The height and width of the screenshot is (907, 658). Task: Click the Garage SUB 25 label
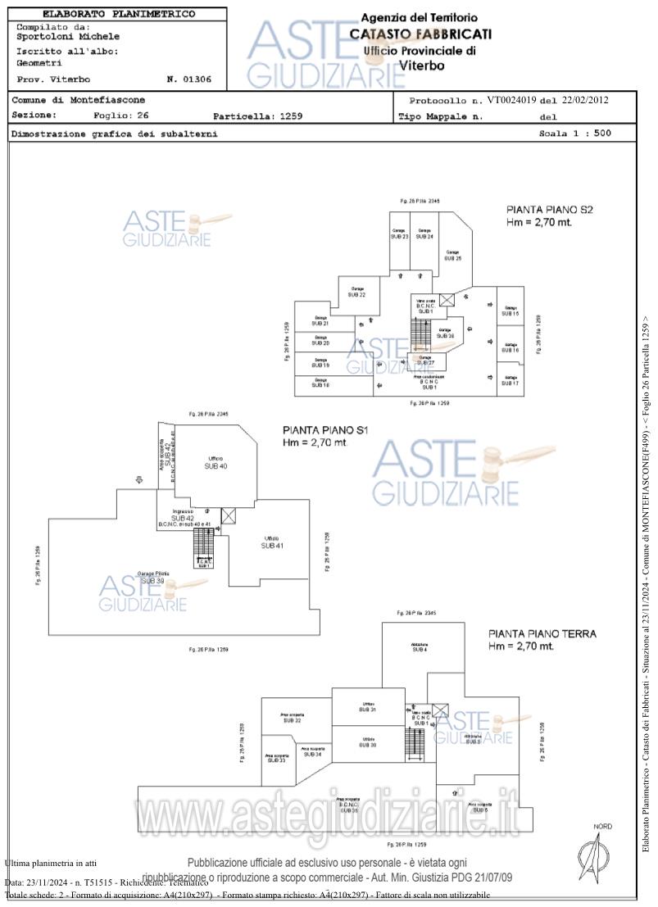(x=452, y=255)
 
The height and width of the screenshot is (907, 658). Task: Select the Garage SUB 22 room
(x=357, y=292)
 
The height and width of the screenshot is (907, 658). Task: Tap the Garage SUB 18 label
(x=320, y=383)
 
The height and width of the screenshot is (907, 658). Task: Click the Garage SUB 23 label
(x=399, y=234)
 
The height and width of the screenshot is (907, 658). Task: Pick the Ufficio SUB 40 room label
(x=216, y=461)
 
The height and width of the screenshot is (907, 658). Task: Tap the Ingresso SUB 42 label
(x=184, y=515)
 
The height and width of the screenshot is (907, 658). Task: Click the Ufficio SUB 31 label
(x=368, y=706)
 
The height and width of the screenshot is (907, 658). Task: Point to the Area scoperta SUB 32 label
(x=292, y=718)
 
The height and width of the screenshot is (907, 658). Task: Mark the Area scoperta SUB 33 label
(x=276, y=759)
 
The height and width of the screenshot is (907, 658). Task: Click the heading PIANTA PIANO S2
(x=549, y=210)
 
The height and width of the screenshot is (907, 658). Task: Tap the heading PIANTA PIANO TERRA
(x=542, y=633)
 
